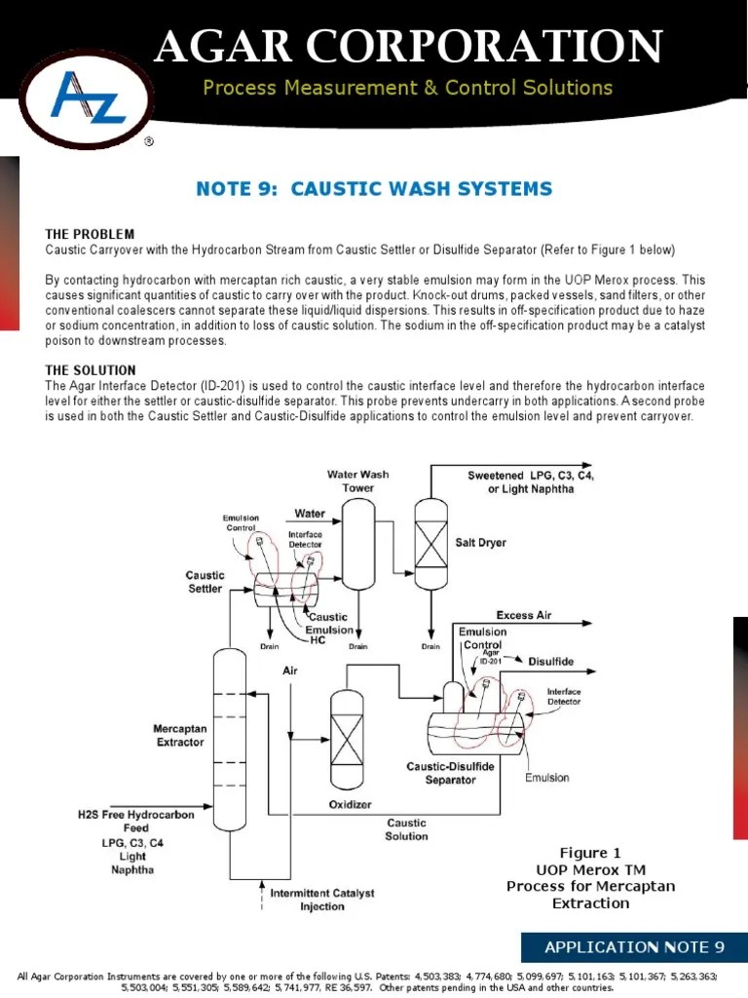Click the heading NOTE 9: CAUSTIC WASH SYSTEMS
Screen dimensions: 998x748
374,188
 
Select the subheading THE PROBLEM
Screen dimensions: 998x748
90,235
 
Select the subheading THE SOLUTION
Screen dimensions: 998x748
91,370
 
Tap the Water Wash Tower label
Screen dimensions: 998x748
357,480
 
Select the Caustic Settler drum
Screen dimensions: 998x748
283,586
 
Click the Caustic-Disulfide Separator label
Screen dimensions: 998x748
450,773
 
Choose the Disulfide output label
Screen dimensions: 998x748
550,662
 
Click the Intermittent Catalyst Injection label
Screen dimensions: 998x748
321,900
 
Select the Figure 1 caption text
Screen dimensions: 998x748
590,877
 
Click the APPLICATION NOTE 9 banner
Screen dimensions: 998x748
634,946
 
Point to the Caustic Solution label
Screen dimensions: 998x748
406,829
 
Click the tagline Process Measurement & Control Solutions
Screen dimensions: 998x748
407,88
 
